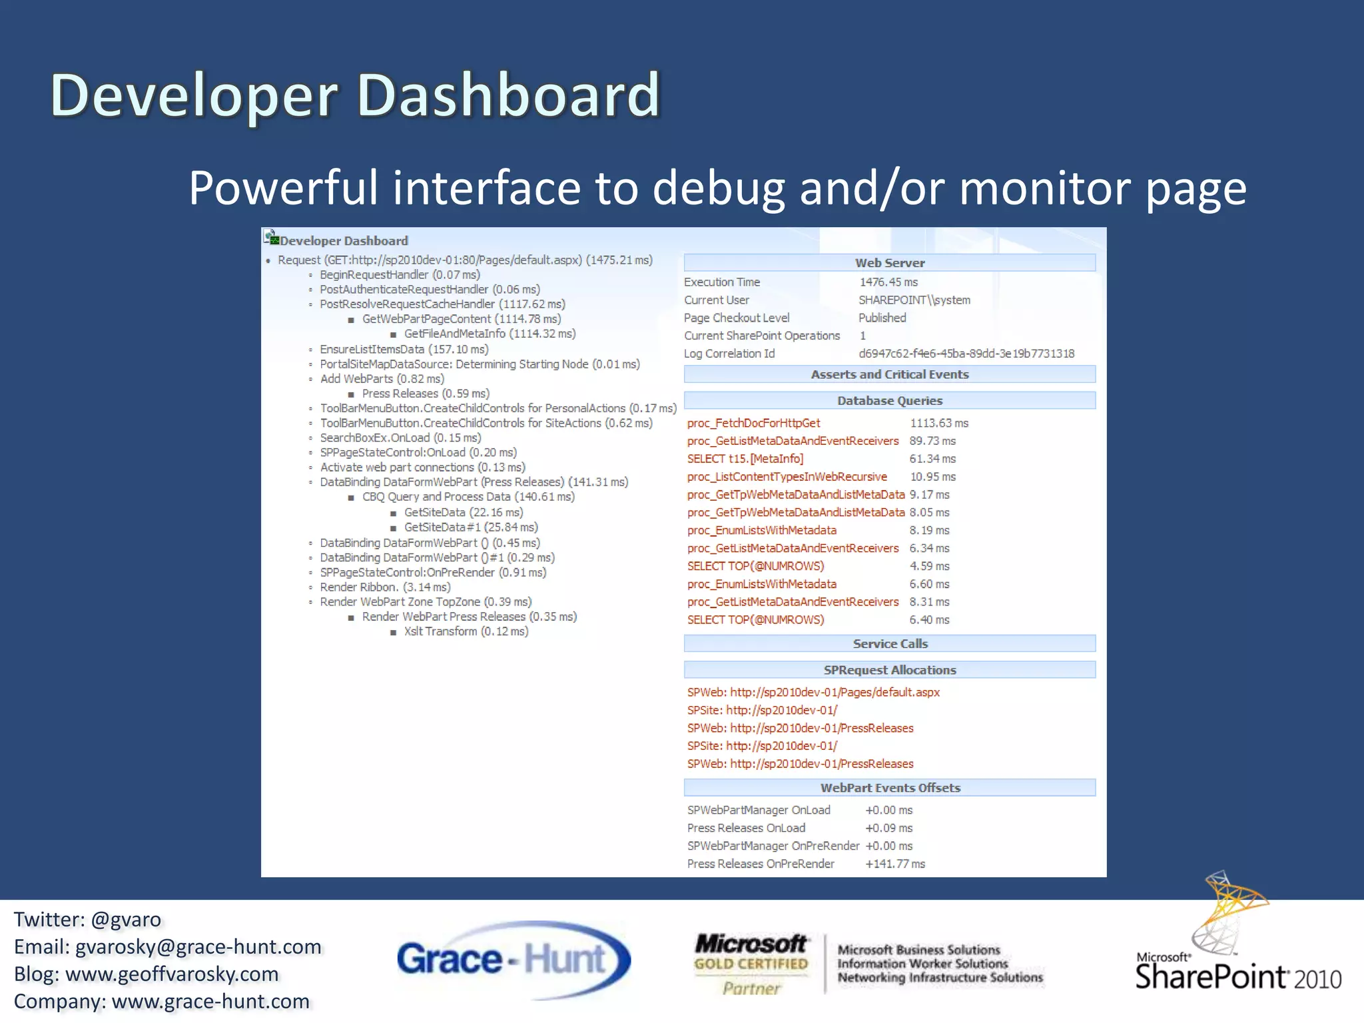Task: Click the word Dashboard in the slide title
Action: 508,95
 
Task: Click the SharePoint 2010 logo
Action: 1237,946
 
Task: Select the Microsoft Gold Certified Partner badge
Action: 751,964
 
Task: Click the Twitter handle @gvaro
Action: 126,920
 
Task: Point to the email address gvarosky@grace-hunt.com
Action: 198,947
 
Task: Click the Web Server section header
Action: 889,263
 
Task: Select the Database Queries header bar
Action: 889,401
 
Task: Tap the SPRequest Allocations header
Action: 889,670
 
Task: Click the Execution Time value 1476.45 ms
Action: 888,282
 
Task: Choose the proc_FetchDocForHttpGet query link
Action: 753,424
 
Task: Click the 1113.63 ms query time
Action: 939,424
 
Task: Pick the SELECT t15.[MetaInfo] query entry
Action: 745,459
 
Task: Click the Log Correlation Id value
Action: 966,354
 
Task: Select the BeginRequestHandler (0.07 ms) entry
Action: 400,275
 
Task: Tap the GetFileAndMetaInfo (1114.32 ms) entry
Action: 490,334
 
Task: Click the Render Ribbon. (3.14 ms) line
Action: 385,587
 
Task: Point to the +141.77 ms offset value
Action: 894,864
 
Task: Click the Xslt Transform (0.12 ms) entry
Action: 466,631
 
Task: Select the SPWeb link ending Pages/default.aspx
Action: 813,693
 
